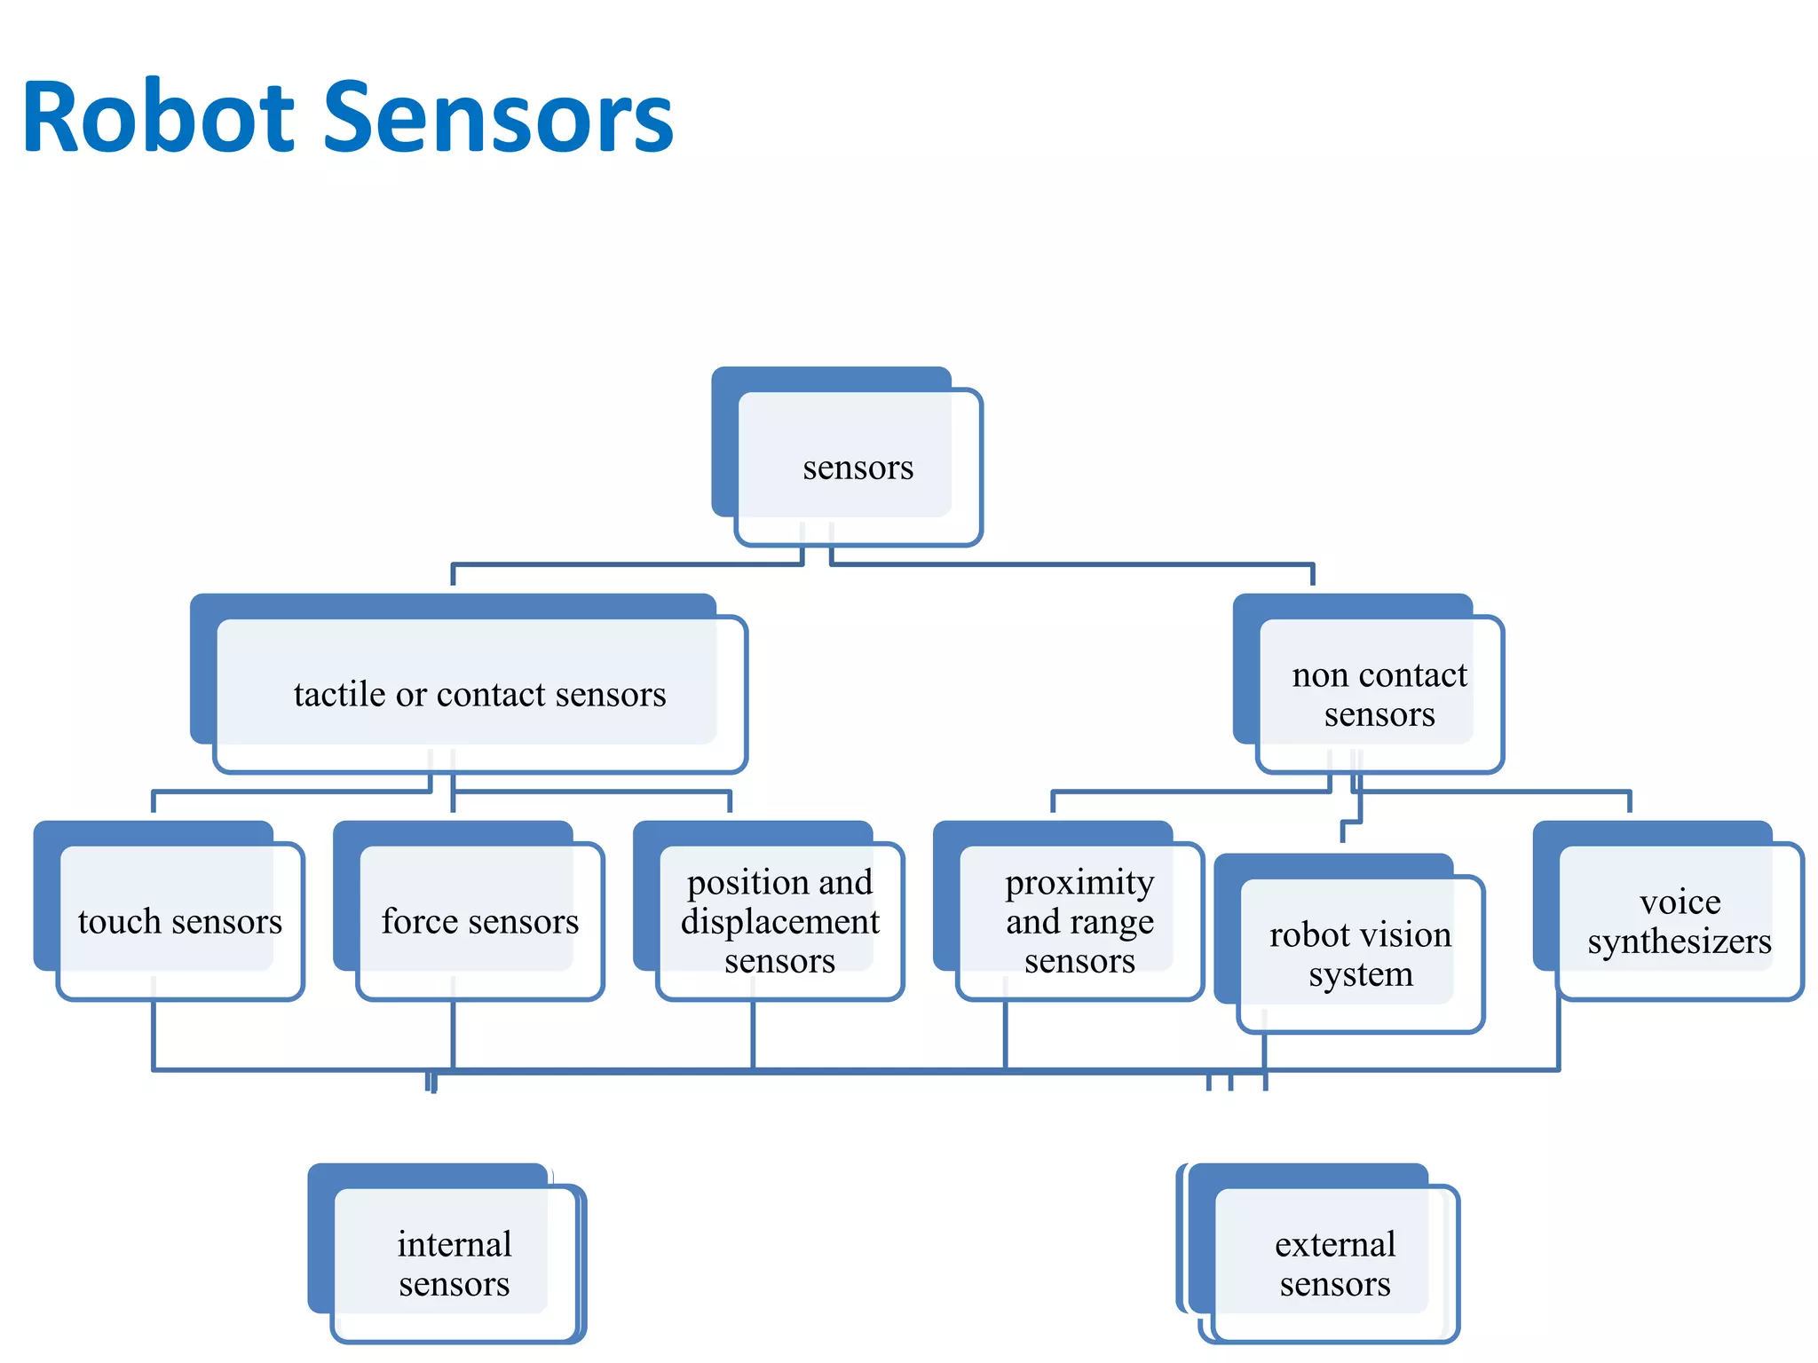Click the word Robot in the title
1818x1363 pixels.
coord(158,118)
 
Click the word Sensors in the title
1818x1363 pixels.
coord(498,118)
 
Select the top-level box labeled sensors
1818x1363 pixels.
coord(858,468)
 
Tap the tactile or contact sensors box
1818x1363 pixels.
coord(479,694)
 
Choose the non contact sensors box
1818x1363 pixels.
coord(1379,694)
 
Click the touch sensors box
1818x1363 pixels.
coord(179,921)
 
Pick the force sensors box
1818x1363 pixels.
coord(479,921)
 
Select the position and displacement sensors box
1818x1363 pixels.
coord(779,921)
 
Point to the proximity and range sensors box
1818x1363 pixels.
coord(1079,921)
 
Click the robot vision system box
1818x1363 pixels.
coord(1360,954)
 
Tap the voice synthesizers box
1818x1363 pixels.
coord(1680,921)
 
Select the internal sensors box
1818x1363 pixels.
coord(454,1264)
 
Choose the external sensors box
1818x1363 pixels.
coord(1335,1264)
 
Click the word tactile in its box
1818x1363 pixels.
coord(339,694)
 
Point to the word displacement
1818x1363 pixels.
coord(779,922)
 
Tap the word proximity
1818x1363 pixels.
coord(1079,883)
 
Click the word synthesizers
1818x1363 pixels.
coord(1680,941)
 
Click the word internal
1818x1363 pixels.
coord(454,1244)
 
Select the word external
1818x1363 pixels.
coord(1335,1244)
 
